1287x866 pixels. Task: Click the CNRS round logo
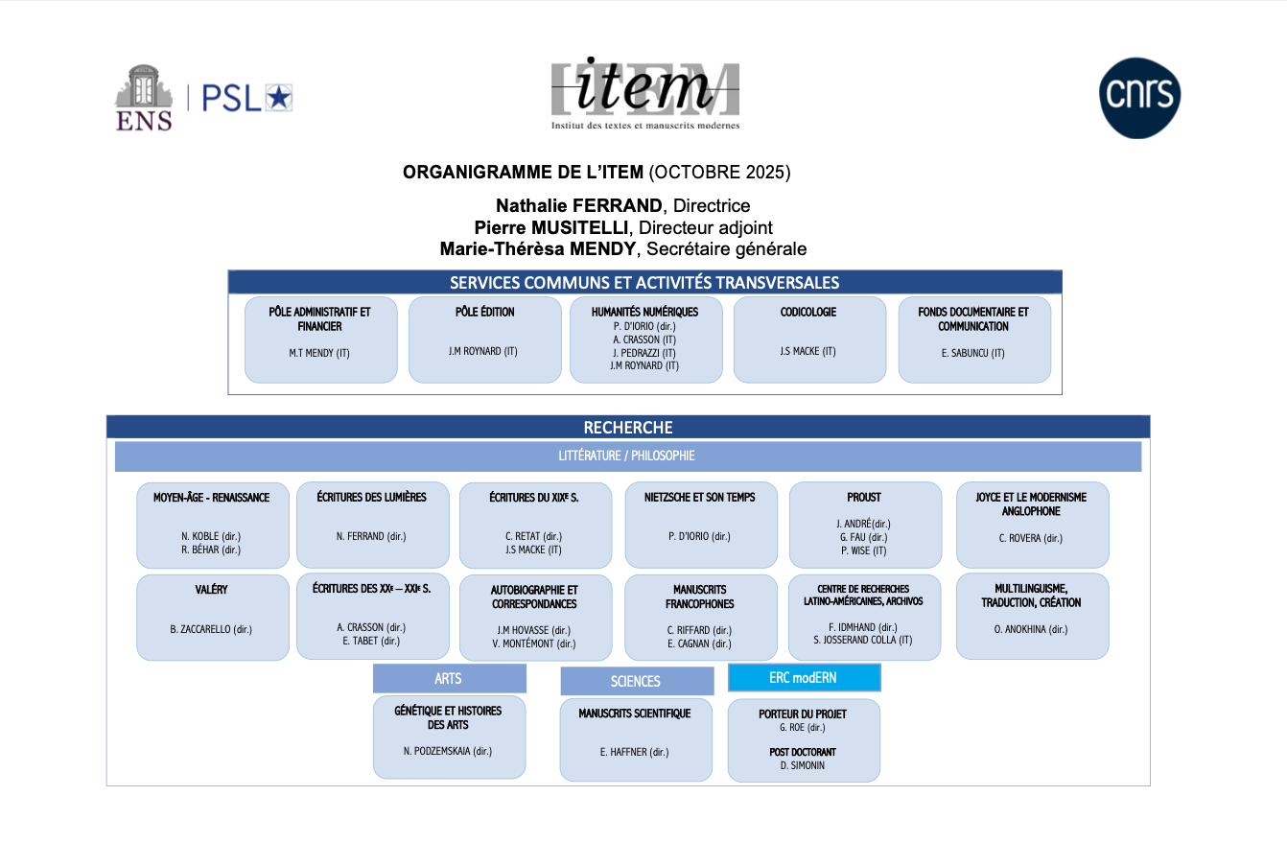[x=1139, y=98]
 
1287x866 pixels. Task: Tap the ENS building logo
[x=144, y=97]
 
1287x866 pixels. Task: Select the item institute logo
[x=644, y=93]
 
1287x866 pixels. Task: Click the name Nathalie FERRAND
[x=578, y=205]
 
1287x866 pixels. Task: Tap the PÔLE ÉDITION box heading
[x=484, y=312]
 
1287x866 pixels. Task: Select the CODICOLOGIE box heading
[x=807, y=312]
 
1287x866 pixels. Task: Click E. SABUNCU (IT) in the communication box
[x=972, y=353]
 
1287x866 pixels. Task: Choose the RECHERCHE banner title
[x=628, y=428]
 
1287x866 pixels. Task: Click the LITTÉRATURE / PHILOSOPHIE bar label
[x=626, y=456]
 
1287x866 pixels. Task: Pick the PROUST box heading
[x=863, y=497]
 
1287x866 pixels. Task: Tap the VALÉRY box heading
[x=211, y=589]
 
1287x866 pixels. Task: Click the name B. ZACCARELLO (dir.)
[x=211, y=629]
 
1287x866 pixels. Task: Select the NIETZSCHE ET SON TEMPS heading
[x=699, y=497]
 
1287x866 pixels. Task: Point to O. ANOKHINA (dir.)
[x=1031, y=629]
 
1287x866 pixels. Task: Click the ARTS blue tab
[x=448, y=678]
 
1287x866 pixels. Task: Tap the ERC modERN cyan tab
[x=803, y=677]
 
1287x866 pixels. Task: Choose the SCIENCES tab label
[x=635, y=681]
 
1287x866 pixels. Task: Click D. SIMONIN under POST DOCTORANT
[x=802, y=765]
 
